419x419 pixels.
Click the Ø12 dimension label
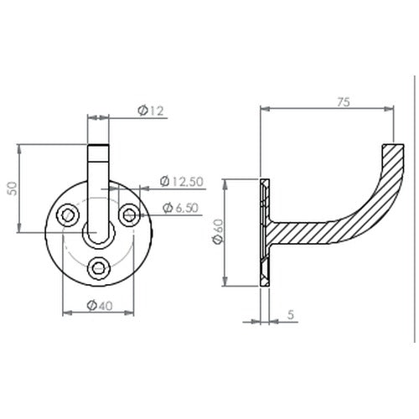pos(151,111)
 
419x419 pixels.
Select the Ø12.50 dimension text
pos(182,182)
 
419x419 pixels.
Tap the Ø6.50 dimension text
pos(180,208)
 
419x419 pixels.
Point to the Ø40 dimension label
pos(100,306)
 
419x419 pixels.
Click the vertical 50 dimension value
pos(13,189)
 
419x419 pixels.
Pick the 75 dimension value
pos(344,102)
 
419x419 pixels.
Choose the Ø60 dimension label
pos(218,232)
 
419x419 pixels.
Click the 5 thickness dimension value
pos(291,315)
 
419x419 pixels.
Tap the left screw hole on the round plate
pos(68,215)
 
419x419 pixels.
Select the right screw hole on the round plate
pos(129,215)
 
